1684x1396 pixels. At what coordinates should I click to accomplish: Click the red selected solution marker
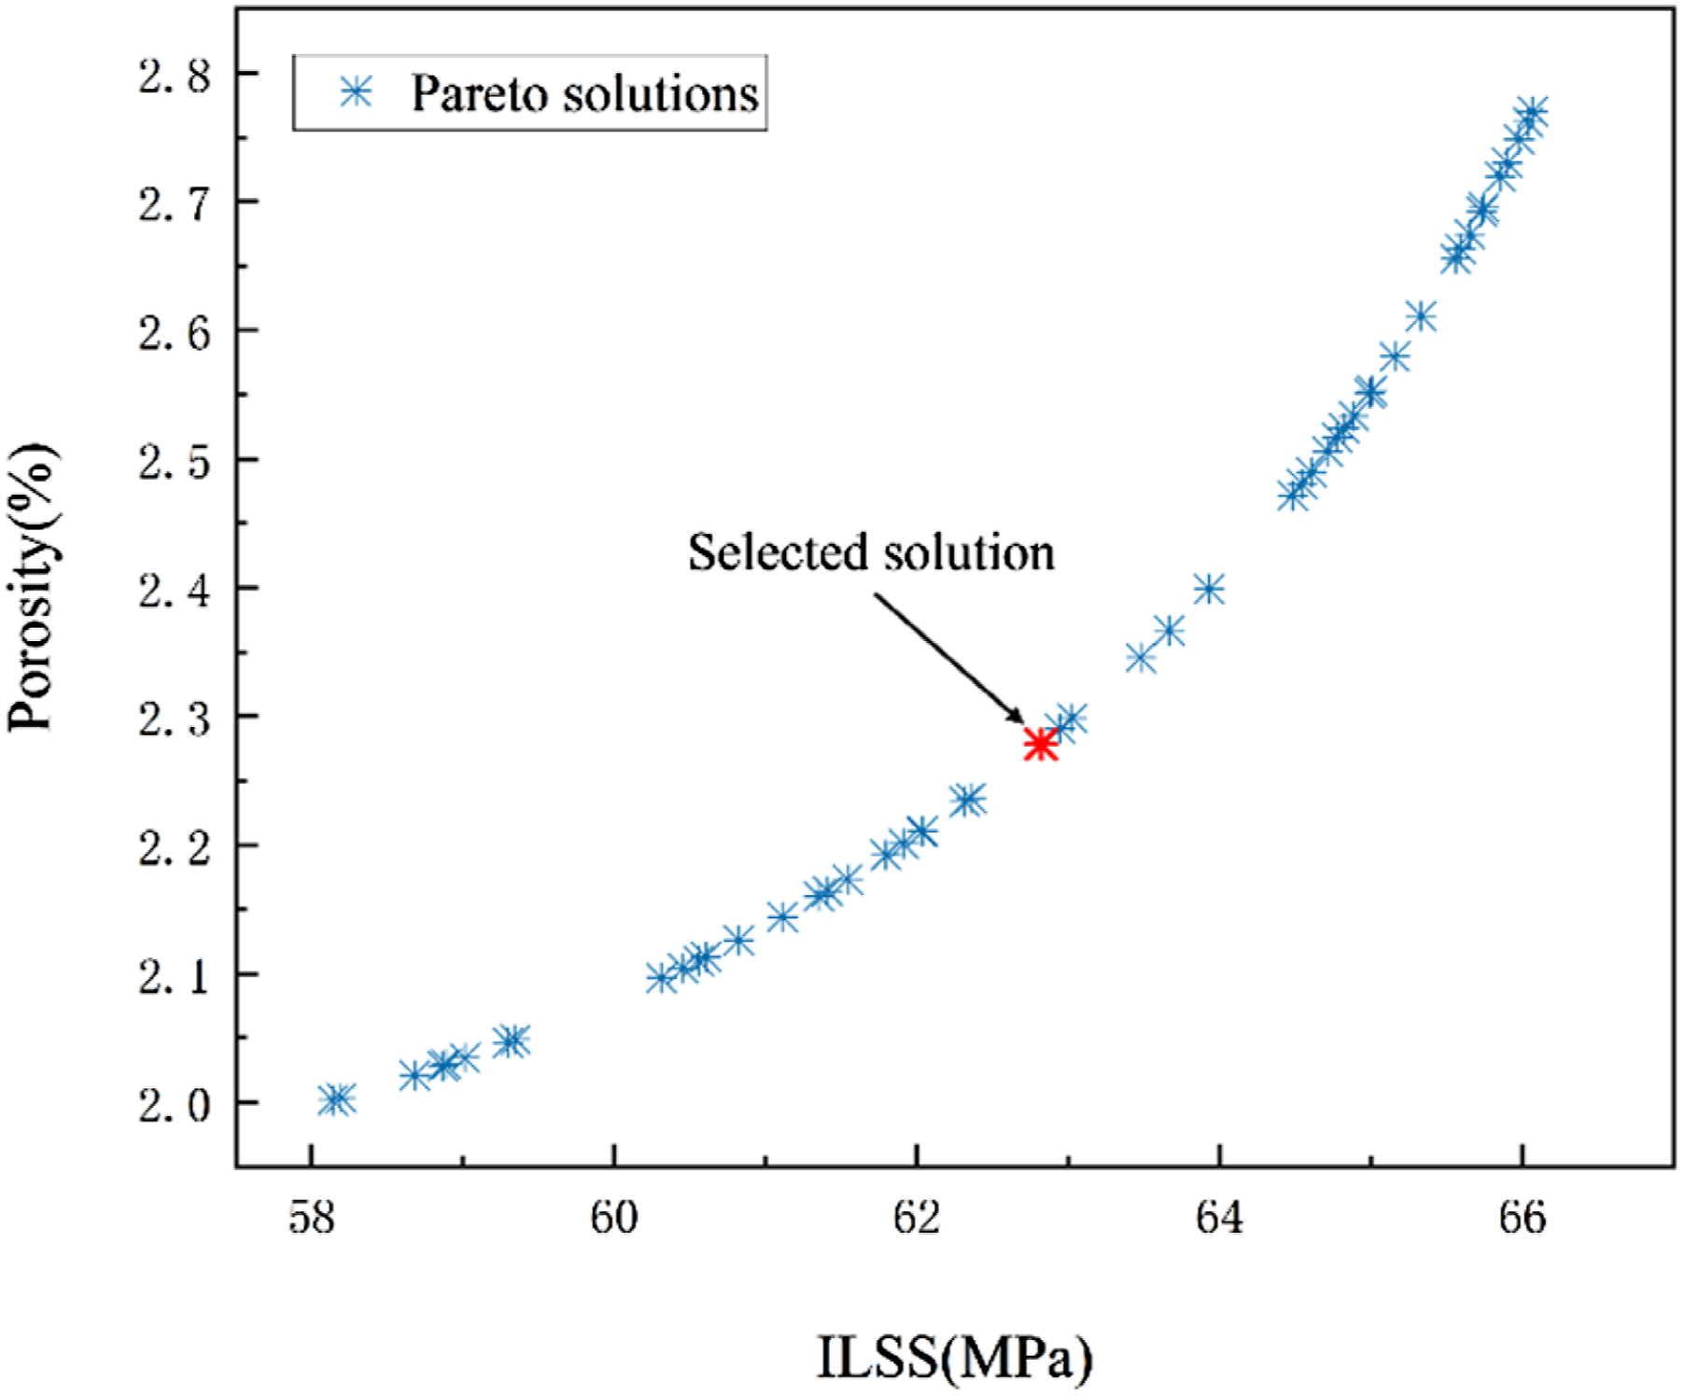coord(1040,745)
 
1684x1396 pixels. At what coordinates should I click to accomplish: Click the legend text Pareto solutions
coord(585,93)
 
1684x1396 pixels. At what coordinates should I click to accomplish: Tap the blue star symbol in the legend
coord(356,92)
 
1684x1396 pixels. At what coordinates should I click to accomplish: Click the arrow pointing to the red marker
coord(949,658)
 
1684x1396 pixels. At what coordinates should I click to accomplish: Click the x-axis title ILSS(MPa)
coord(954,1358)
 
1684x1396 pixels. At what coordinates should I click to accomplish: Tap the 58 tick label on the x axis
coord(311,1218)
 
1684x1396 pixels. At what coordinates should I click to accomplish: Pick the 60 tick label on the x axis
coord(613,1218)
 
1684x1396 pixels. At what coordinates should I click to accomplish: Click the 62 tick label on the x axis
coord(917,1218)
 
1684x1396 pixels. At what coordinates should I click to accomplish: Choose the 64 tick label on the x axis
coord(1219,1218)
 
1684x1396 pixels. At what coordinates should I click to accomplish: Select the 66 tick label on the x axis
coord(1523,1218)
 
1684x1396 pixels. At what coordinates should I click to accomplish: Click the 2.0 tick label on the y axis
coord(175,1105)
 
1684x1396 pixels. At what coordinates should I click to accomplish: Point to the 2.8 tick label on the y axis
coord(175,75)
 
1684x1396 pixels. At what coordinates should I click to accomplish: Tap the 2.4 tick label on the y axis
coord(175,590)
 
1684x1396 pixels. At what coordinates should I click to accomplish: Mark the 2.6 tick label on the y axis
coord(175,332)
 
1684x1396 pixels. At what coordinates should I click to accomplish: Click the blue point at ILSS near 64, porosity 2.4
coord(1209,589)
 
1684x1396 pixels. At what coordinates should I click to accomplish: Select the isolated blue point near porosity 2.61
coord(1421,316)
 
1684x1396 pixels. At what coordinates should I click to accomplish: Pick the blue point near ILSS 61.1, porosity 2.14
coord(782,917)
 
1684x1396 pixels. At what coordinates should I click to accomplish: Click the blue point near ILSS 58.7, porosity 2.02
coord(414,1076)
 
